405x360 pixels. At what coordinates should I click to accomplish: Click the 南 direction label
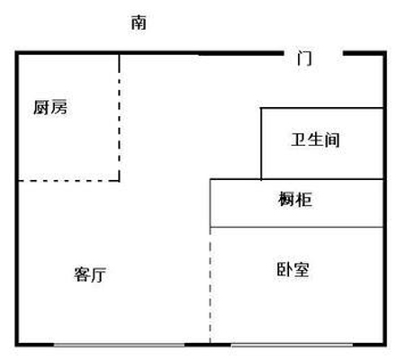[139, 22]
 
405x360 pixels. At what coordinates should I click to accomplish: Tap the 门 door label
[304, 58]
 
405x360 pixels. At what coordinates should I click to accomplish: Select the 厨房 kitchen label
[50, 107]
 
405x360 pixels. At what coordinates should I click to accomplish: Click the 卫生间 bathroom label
[315, 139]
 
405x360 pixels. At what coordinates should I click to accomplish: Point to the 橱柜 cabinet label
[295, 199]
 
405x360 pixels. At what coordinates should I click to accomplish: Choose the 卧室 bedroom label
[292, 269]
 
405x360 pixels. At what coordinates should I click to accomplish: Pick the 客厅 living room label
[90, 274]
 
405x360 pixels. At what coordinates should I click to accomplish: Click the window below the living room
[119, 345]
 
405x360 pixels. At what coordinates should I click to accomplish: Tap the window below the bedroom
[292, 345]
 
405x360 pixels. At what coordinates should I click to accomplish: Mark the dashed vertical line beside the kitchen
[120, 118]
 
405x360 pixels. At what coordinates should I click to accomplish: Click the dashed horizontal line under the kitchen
[69, 181]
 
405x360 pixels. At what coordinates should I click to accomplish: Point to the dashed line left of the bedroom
[211, 285]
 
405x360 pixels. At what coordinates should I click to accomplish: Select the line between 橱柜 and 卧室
[297, 227]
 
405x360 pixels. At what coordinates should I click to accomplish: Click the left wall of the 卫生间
[261, 144]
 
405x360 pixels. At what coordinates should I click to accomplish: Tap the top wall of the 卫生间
[322, 108]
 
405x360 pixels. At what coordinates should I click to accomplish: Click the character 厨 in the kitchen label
[41, 107]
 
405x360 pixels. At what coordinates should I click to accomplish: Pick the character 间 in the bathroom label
[332, 139]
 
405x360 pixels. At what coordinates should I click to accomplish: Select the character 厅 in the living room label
[98, 274]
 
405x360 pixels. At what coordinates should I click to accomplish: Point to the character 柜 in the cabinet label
[304, 199]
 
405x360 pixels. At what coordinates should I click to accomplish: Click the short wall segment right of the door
[364, 53]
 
